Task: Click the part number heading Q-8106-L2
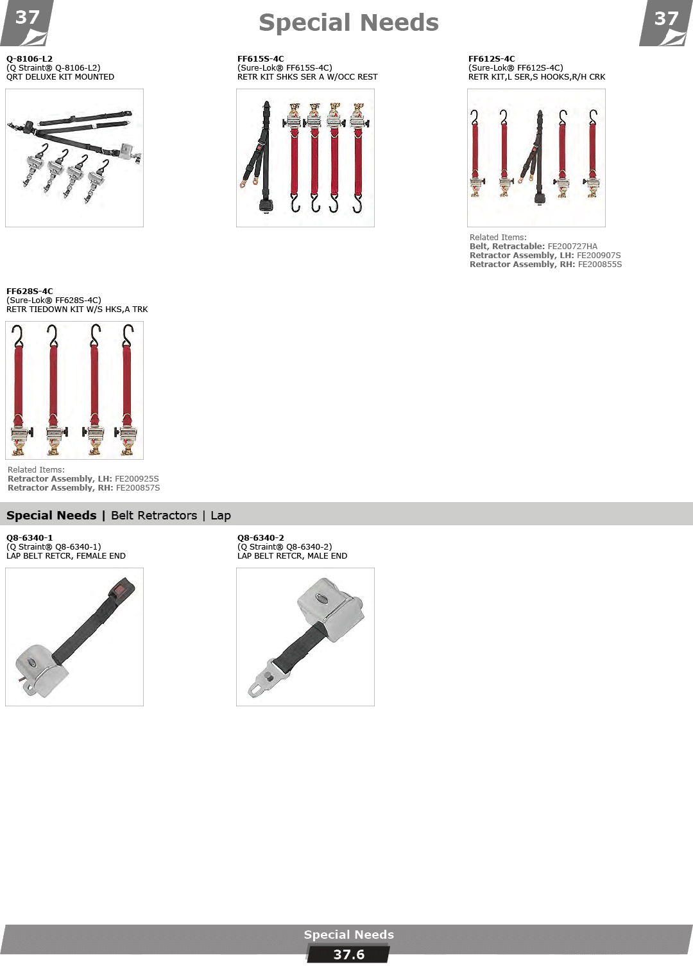30,58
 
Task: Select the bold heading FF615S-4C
261,58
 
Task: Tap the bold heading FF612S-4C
492,58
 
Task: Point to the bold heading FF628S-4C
30,292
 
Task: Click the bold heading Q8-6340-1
30,538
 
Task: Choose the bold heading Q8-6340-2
261,538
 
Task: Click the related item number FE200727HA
572,247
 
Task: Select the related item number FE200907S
599,256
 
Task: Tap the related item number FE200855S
600,265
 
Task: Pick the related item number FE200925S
137,479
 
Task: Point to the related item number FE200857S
138,488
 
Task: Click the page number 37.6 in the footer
348,955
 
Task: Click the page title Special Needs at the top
348,22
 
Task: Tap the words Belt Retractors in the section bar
153,516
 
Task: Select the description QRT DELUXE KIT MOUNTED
60,77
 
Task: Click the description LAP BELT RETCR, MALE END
292,556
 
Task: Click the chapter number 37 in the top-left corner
27,17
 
